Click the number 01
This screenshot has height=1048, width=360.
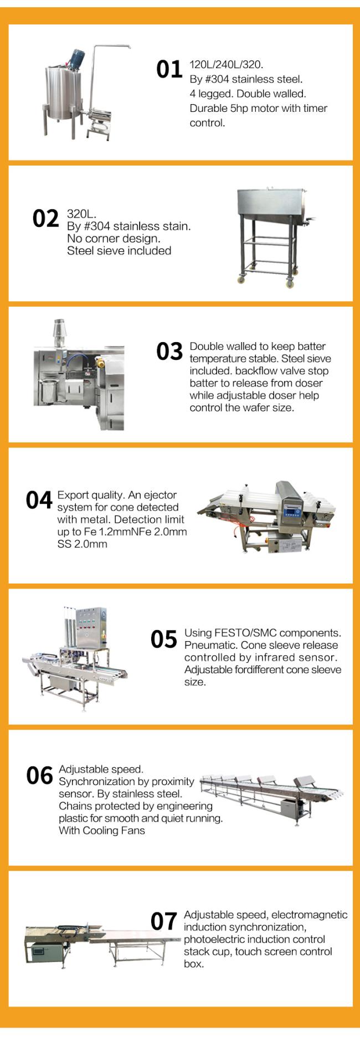click(x=169, y=70)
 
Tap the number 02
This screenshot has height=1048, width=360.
click(x=45, y=219)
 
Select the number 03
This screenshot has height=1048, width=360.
click(x=169, y=352)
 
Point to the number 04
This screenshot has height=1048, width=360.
click(x=39, y=500)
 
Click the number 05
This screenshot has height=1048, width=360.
click(x=164, y=639)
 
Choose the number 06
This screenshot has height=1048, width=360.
click(x=39, y=776)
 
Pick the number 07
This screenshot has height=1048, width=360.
click(x=164, y=922)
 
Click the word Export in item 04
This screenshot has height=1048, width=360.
click(x=72, y=495)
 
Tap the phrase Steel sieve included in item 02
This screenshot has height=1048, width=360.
click(x=119, y=251)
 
